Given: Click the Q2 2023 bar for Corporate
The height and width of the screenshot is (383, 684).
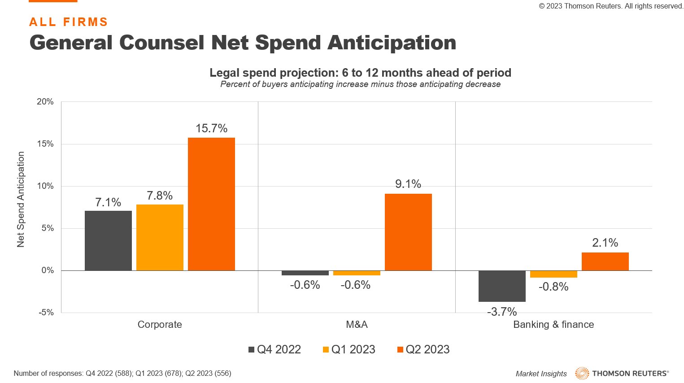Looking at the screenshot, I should point(211,204).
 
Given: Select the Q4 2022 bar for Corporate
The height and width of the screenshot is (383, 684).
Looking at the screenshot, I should point(108,240).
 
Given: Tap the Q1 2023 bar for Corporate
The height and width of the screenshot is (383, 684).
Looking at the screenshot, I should point(160,237).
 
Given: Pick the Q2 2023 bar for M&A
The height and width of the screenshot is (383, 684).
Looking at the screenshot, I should point(408,232).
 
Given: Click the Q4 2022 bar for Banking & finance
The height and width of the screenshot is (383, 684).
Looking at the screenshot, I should point(502,286).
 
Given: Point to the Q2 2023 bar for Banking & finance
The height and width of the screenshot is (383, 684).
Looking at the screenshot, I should point(605,261).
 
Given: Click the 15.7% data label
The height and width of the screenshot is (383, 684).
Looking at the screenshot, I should point(211,129).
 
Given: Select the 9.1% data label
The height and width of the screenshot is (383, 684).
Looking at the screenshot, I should point(408,184).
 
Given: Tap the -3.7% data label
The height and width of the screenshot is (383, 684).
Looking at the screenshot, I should point(502,312).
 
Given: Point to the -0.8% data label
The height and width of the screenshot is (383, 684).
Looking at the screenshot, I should point(553,287).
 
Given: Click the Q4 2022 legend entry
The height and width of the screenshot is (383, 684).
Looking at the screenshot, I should point(274,350).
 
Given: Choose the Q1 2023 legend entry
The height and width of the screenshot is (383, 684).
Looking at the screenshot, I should point(349,350).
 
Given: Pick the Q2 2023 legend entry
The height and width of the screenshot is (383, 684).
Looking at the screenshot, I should point(423,350).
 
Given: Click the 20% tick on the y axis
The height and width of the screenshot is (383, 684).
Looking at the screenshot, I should point(45,102).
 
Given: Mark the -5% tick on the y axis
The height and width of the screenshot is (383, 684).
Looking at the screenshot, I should point(46,313).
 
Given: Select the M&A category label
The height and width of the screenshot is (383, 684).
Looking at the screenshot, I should point(357,325).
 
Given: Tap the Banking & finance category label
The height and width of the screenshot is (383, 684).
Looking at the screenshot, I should point(553,325).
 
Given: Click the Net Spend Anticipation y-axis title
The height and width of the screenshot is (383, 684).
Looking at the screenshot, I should point(21,199).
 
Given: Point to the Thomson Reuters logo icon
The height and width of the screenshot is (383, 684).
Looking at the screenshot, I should point(582,373).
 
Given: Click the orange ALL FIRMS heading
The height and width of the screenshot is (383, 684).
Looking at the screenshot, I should point(69,22).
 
